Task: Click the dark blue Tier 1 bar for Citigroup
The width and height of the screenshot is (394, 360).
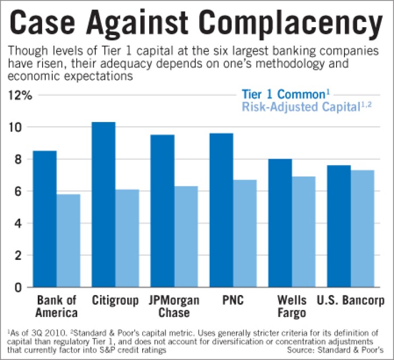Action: click(x=103, y=205)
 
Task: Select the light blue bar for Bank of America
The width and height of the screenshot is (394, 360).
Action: click(x=69, y=241)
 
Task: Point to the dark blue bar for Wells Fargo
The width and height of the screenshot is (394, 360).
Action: click(x=280, y=224)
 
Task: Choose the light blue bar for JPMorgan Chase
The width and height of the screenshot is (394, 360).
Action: click(x=186, y=237)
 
